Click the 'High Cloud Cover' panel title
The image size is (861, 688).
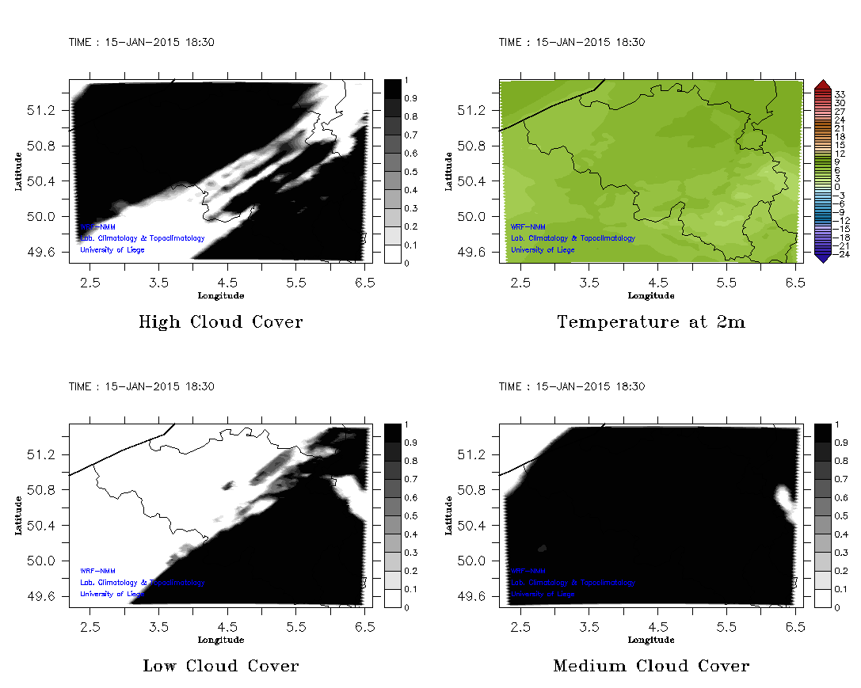point(220,322)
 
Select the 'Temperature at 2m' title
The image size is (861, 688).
point(650,322)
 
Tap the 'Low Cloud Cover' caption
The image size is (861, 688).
point(220,666)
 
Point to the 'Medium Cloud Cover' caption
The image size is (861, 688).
point(650,666)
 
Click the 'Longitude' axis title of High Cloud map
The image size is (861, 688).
point(220,296)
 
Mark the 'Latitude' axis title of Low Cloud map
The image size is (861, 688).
point(17,515)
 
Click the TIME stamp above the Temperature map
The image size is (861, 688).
point(571,43)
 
